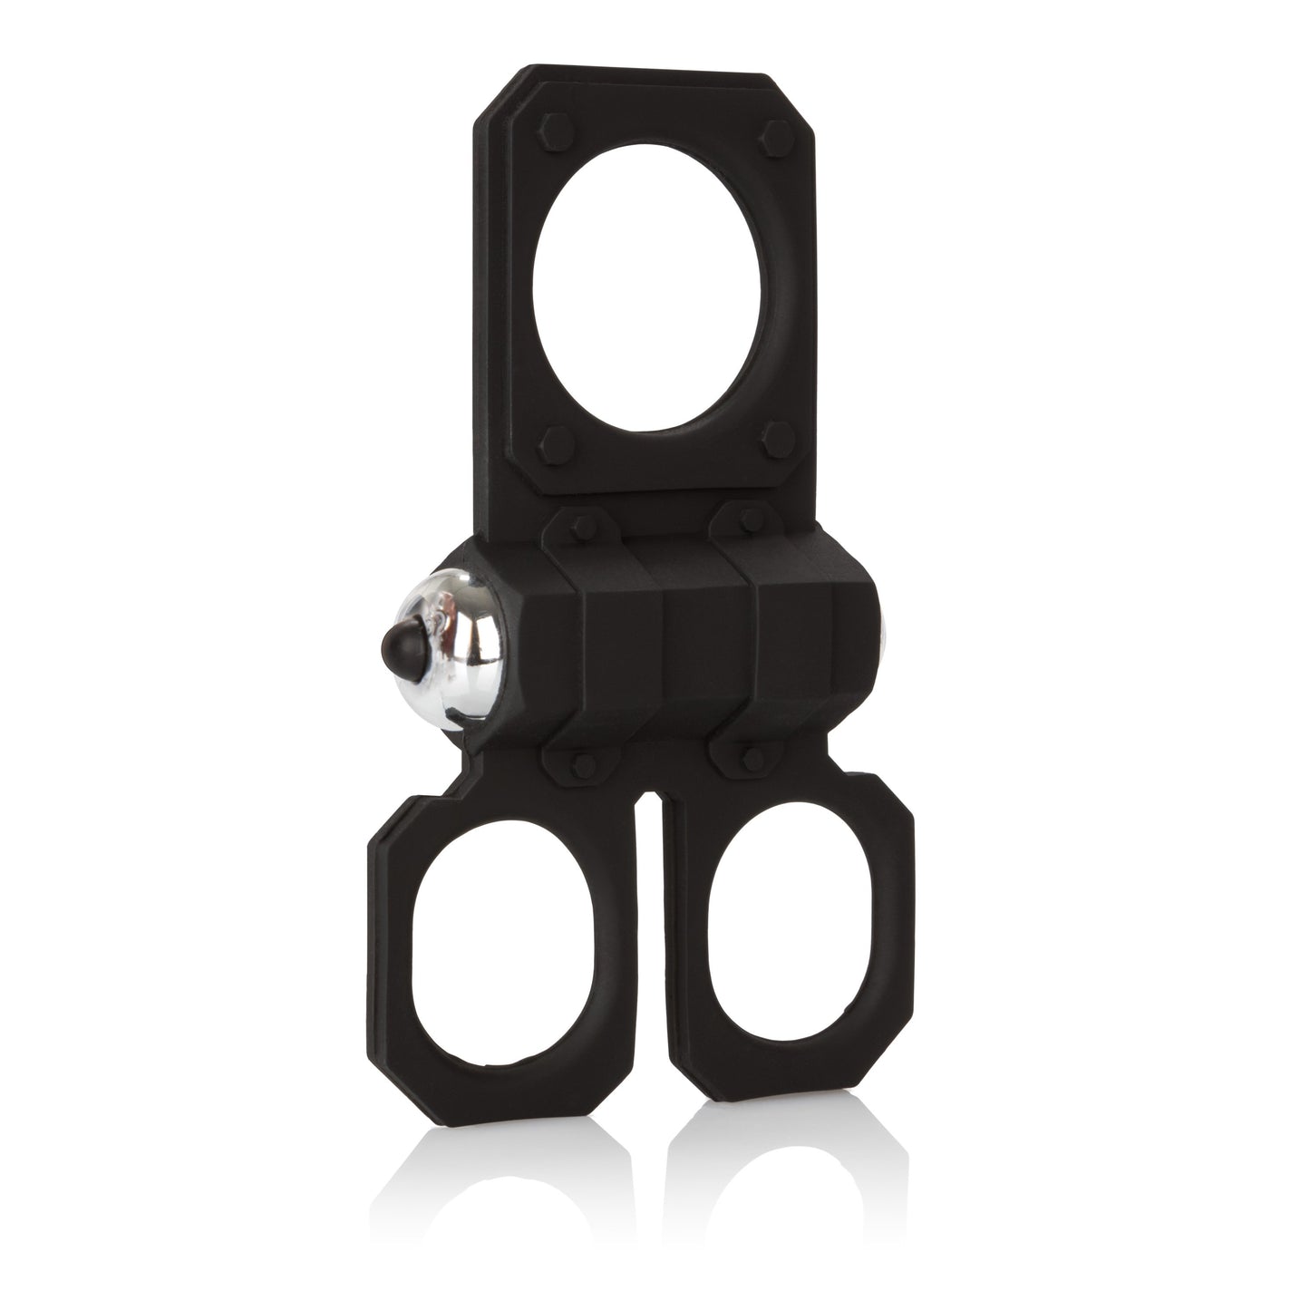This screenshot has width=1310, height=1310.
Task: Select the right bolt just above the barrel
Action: [x=744, y=519]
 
